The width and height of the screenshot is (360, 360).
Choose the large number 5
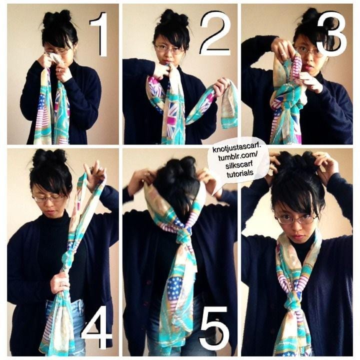pyautogui.click(x=214, y=326)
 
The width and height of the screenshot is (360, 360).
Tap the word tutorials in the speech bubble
pyautogui.click(x=240, y=173)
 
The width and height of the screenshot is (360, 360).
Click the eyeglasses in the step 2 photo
pyautogui.click(x=169, y=49)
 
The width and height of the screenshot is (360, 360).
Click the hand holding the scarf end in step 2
pyautogui.click(x=221, y=87)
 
